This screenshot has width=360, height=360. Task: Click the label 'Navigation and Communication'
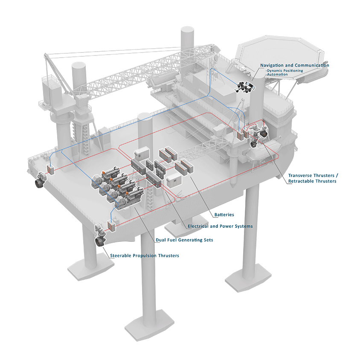pos(295,65)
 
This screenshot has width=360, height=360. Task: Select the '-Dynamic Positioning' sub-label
pos(284,71)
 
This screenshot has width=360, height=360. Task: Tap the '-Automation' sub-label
pos(277,74)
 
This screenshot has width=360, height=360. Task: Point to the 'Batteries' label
pos(224,215)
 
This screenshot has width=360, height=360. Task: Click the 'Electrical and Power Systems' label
pos(220,226)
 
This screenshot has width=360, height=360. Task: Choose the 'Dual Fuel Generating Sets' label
pos(184,240)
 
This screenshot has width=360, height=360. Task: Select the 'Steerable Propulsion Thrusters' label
pos(145,255)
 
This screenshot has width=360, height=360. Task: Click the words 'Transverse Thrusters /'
pos(313,176)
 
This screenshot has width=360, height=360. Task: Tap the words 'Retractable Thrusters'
pos(312,181)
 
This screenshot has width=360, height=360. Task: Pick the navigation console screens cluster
pos(245,87)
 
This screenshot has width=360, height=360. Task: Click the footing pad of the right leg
pos(248,278)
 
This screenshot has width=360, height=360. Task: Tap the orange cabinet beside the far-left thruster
pos(50,169)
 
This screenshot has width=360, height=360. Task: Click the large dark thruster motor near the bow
pos(263,134)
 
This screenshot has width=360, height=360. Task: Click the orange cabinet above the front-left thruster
pos(111,226)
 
